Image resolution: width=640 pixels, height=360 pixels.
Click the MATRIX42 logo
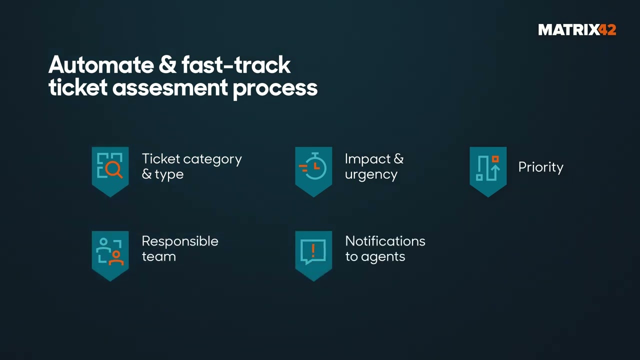(576, 30)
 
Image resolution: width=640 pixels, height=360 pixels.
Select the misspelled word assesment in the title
(170, 88)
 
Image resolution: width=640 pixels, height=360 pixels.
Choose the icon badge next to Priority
(488, 167)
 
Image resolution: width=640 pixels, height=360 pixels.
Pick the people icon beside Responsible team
(110, 251)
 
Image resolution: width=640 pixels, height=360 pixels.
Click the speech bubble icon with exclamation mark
(313, 251)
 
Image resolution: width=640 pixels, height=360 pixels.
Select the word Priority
(540, 167)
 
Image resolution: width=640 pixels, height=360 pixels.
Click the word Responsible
(180, 241)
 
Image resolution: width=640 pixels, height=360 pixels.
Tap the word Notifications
(385, 241)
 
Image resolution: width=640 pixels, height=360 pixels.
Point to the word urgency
(371, 175)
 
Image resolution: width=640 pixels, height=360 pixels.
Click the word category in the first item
(212, 159)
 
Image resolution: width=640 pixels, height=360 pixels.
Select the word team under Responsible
(158, 256)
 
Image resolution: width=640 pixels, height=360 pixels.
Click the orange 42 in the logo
(607, 30)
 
